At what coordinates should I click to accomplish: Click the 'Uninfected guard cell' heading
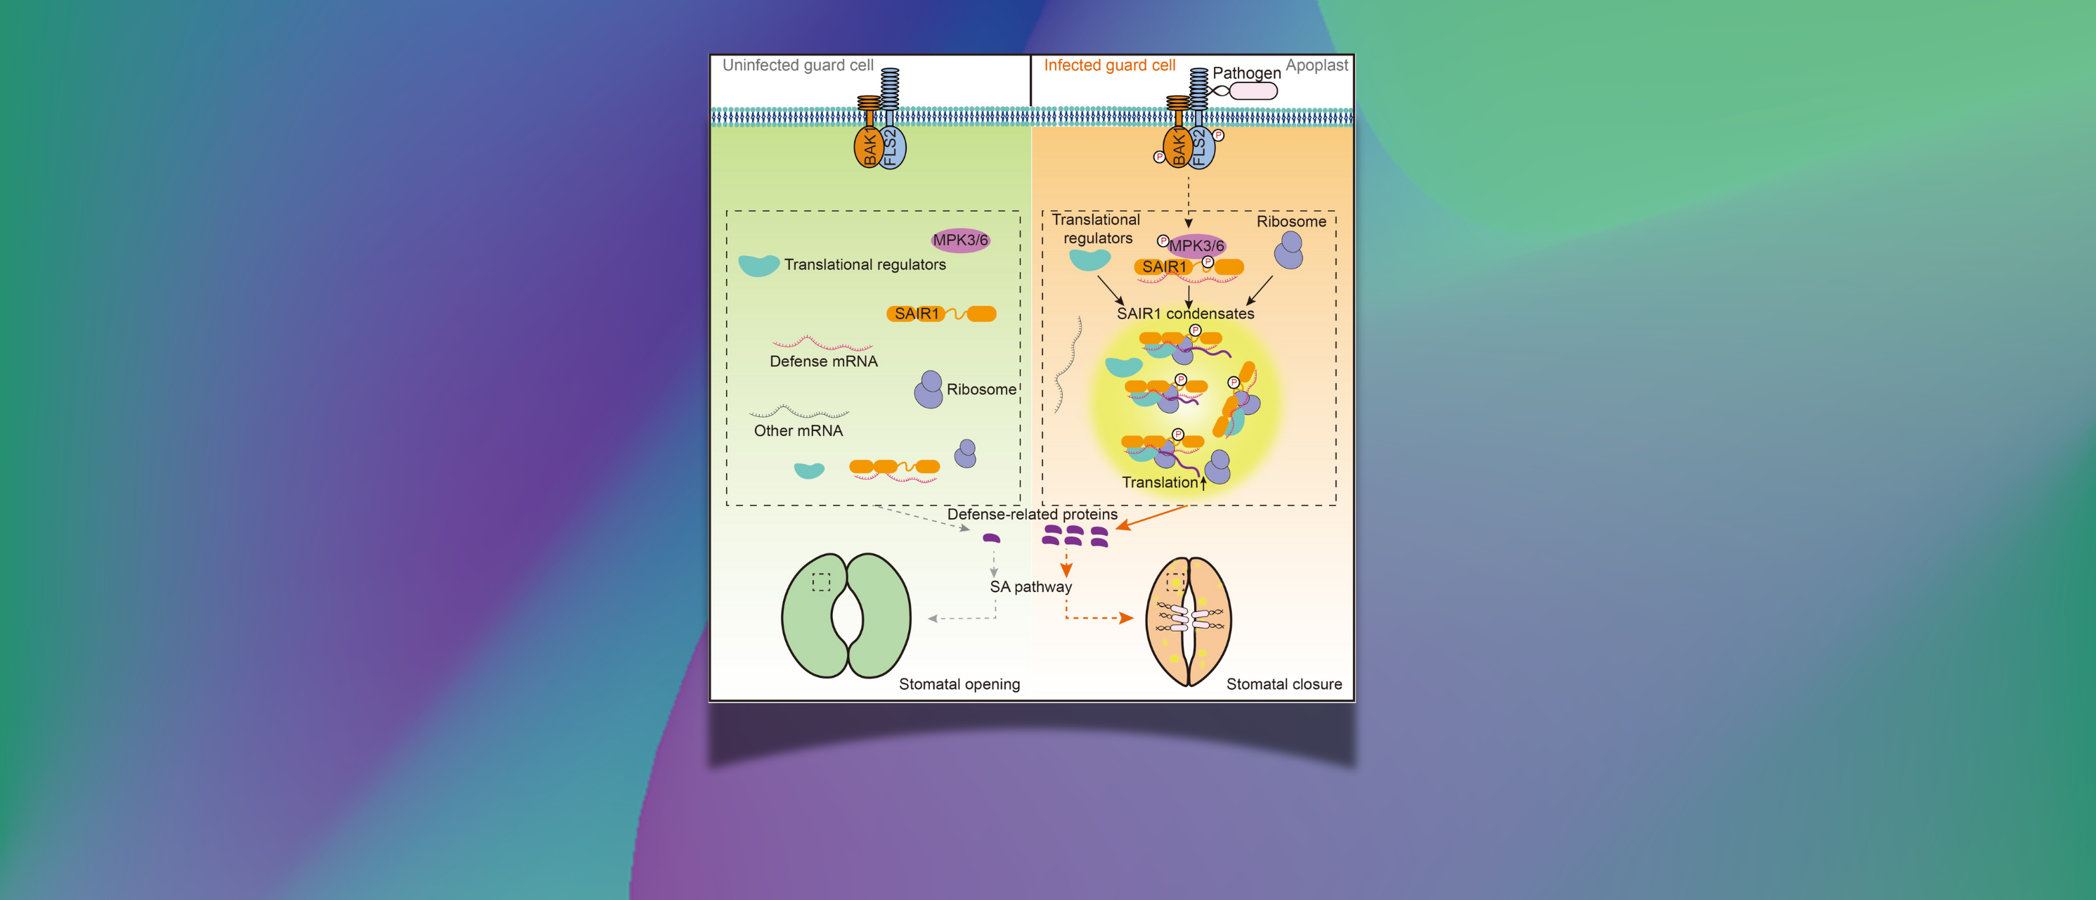[797, 65]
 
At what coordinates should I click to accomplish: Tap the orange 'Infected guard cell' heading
[1109, 65]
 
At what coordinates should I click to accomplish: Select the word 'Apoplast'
[1316, 65]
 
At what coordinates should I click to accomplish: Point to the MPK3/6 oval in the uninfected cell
[960, 240]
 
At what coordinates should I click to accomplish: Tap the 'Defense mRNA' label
[824, 361]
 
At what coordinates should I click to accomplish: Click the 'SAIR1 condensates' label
[1184, 314]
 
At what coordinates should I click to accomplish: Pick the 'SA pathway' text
[1030, 586]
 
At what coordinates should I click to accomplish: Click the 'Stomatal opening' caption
[959, 684]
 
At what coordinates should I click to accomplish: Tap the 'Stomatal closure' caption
[1283, 684]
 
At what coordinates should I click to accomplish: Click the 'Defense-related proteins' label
[1032, 514]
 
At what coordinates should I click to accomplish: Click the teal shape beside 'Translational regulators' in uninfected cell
[758, 265]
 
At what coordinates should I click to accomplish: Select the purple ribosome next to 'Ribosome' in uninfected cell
[929, 390]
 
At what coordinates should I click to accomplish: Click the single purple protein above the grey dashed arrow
[991, 538]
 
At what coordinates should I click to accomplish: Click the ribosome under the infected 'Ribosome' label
[1289, 250]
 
